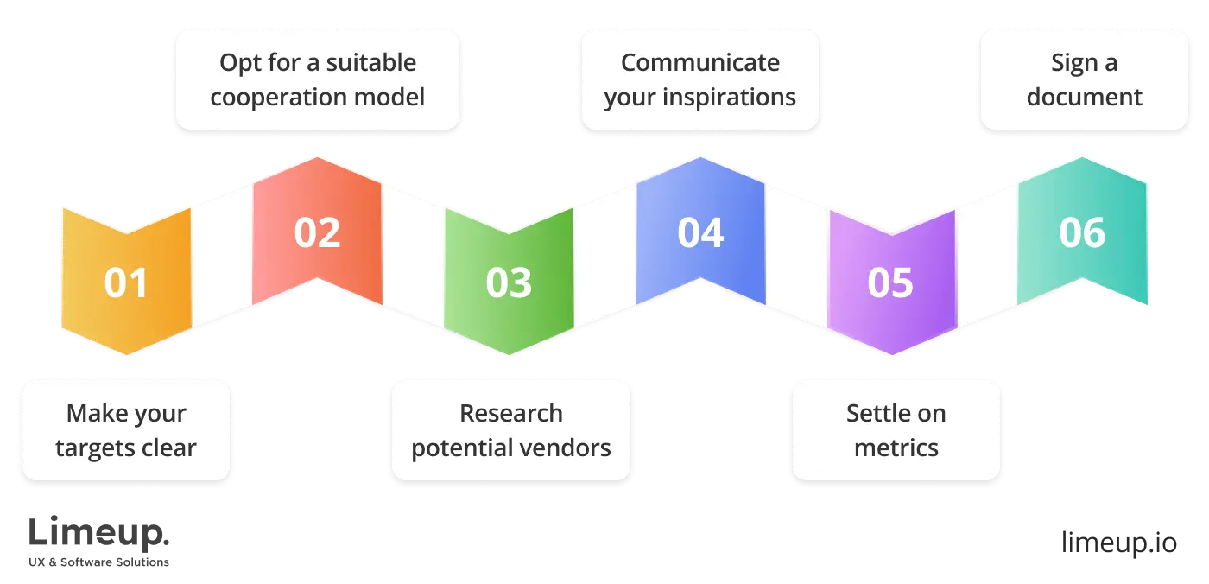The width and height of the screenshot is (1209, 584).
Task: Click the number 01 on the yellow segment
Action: [x=126, y=283]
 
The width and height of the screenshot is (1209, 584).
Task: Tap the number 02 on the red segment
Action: [x=317, y=233]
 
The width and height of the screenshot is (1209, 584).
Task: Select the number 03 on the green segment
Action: [x=509, y=283]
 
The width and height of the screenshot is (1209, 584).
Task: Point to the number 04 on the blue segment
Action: [x=699, y=233]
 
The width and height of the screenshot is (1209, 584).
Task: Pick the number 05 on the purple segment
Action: [x=890, y=283]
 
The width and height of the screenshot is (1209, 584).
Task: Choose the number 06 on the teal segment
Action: [x=1082, y=233]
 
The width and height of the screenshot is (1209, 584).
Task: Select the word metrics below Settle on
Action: [x=896, y=448]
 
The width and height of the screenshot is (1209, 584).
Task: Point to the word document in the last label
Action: [x=1084, y=97]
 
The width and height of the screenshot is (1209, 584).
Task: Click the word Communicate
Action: [x=699, y=63]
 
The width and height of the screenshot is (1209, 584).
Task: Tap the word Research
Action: [x=510, y=414]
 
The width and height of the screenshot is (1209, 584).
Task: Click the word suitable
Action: [x=370, y=63]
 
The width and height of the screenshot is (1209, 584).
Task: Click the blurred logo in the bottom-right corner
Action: [x=1117, y=539]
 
